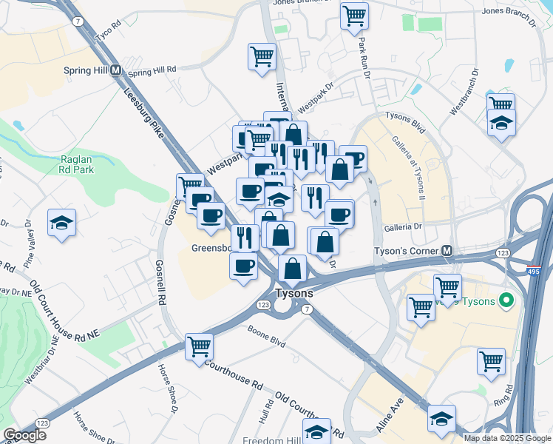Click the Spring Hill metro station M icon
(x=115, y=70)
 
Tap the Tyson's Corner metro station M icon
(x=447, y=251)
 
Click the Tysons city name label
(x=294, y=293)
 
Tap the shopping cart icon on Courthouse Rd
(x=200, y=346)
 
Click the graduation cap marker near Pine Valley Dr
(x=62, y=222)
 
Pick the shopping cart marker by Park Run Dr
(x=354, y=15)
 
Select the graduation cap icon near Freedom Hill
(x=316, y=431)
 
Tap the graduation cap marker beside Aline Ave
(x=441, y=419)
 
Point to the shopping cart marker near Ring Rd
(x=491, y=361)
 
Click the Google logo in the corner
(x=24, y=435)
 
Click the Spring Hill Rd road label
(x=152, y=71)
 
